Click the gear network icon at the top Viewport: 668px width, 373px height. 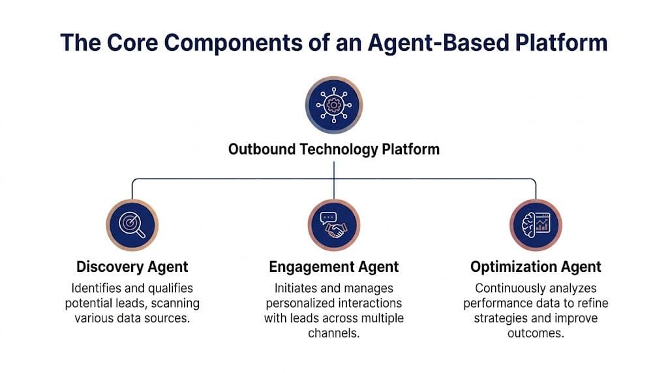point(334,104)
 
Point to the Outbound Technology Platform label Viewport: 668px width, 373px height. point(334,149)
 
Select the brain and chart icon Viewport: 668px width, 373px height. point(536,225)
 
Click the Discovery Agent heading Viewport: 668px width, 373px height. point(132,267)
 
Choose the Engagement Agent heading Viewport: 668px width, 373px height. point(334,267)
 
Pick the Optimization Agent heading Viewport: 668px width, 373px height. point(536,267)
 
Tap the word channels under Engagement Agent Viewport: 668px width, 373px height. point(333,333)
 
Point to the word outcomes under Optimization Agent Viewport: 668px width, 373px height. point(536,333)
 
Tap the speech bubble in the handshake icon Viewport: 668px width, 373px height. point(328,217)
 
